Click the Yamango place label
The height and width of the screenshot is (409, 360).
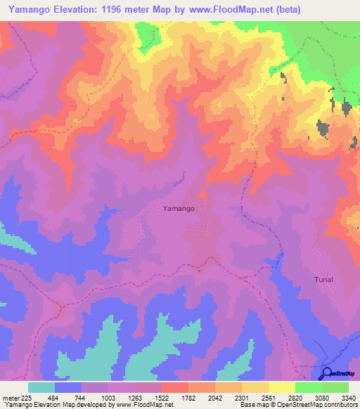(x=179, y=208)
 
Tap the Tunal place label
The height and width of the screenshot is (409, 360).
(x=323, y=279)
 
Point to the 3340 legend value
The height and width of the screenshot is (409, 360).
(x=349, y=397)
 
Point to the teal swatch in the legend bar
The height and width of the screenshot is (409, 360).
(x=41, y=387)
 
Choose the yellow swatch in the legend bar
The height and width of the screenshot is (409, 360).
(x=282, y=387)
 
